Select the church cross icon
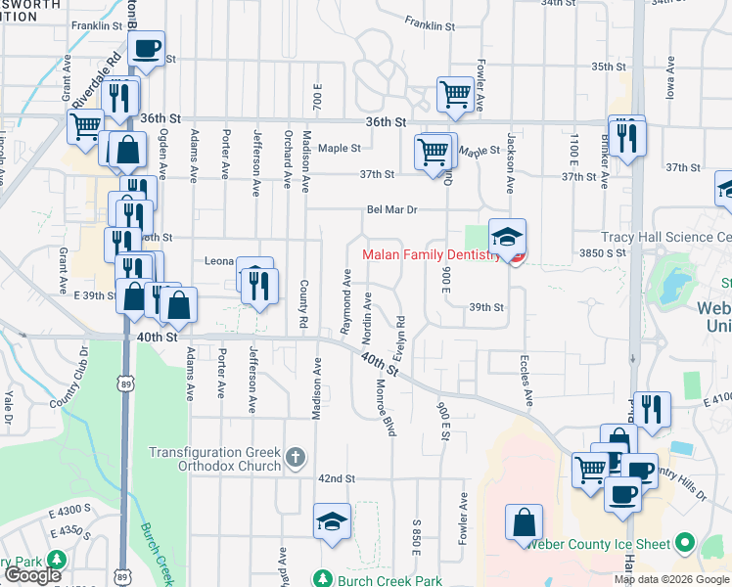point(297,456)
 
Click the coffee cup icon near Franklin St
point(146,48)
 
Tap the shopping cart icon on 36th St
point(455,95)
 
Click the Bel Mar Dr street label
point(392,209)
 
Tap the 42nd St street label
point(336,478)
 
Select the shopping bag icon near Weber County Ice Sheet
point(524,520)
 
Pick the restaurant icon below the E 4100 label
point(654,409)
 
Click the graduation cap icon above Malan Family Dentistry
point(507,236)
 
